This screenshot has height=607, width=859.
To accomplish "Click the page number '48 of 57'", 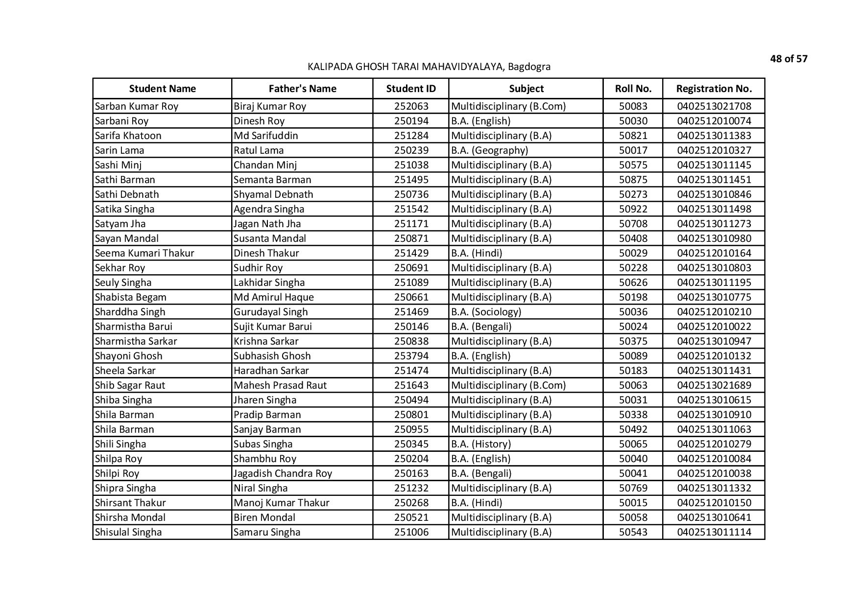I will click(788, 59).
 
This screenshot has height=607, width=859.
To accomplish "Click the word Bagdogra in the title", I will click(529, 67).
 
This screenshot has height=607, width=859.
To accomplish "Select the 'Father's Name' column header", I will click(302, 89).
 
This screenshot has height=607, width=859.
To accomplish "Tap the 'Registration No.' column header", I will click(714, 89).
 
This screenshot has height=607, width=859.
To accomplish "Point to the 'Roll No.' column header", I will click(633, 89).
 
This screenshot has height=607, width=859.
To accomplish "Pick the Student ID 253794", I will click(411, 356).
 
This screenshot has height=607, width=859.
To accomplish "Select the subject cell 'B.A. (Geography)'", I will click(489, 150).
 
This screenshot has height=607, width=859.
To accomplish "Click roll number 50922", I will click(633, 209).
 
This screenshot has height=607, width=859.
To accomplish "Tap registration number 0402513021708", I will click(714, 106).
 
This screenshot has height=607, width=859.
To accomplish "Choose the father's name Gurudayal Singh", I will click(270, 312).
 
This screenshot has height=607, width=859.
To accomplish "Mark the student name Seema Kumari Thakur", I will click(144, 253).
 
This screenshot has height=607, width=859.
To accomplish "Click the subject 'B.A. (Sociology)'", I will click(486, 312).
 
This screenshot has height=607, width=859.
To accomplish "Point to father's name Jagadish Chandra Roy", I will click(283, 473).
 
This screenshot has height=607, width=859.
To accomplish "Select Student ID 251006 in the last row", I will click(411, 532).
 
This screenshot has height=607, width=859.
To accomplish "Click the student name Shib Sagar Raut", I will click(130, 385).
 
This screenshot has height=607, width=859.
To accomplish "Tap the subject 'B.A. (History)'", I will click(480, 444).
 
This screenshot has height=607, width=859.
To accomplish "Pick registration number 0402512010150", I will click(714, 503).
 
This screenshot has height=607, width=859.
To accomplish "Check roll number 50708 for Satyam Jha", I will click(633, 224).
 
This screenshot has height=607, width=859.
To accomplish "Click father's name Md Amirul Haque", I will click(273, 297).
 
